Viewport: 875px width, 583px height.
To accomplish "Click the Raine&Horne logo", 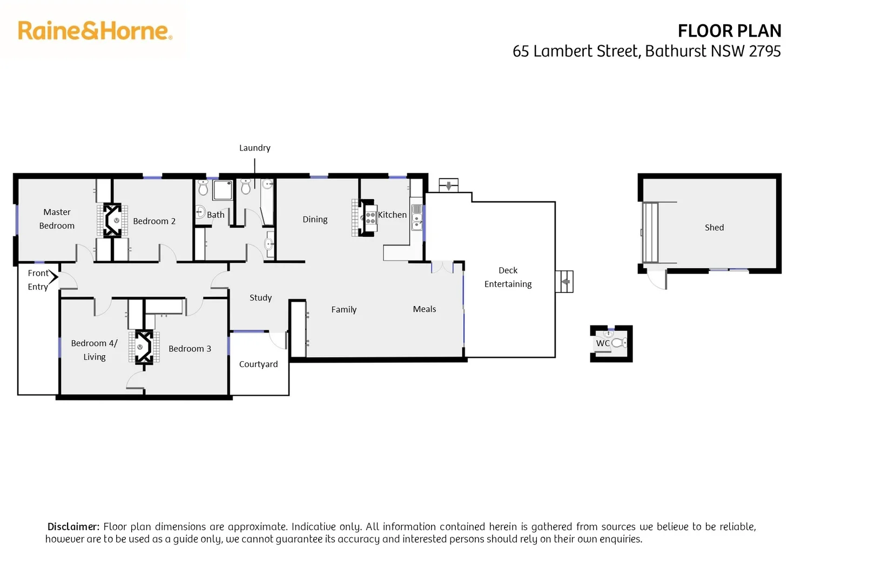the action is (x=95, y=31).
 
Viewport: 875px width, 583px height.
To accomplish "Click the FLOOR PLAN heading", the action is (x=729, y=31).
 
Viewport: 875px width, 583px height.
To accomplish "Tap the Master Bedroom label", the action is (x=57, y=219).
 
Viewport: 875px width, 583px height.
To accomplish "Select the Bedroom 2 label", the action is (x=154, y=221).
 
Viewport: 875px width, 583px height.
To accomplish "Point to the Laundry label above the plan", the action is (x=254, y=148).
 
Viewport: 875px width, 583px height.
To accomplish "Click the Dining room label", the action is (x=315, y=219).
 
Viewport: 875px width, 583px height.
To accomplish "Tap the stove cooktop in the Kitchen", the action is (x=371, y=218).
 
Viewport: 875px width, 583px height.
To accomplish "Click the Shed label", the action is (x=714, y=228).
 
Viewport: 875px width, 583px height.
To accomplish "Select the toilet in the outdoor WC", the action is (x=619, y=343).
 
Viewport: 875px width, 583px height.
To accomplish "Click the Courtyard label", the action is (x=258, y=364).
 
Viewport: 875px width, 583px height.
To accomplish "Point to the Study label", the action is (x=260, y=298).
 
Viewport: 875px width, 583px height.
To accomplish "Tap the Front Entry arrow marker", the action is (x=53, y=276).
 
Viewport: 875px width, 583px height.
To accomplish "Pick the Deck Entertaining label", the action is (x=508, y=277).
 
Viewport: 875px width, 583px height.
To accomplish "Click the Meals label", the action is (x=424, y=309).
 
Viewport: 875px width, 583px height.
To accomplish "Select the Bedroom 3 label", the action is (x=190, y=349).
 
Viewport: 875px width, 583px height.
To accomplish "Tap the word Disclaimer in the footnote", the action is (x=73, y=527).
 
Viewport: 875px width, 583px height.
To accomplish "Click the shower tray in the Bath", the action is (x=223, y=189).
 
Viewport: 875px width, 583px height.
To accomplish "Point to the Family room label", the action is (x=344, y=310).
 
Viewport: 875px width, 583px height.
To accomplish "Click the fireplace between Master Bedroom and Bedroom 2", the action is (x=112, y=220).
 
